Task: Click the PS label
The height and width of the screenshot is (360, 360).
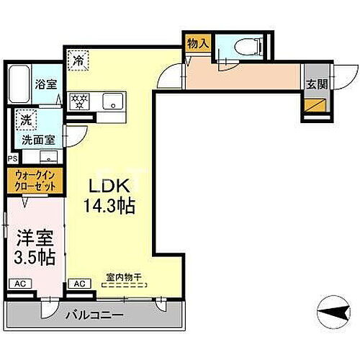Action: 12,158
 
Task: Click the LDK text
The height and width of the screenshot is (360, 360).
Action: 107,186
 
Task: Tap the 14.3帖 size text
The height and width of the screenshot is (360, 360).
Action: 109,205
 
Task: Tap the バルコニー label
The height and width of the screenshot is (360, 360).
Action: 96,315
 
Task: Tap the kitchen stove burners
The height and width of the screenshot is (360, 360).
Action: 77,99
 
